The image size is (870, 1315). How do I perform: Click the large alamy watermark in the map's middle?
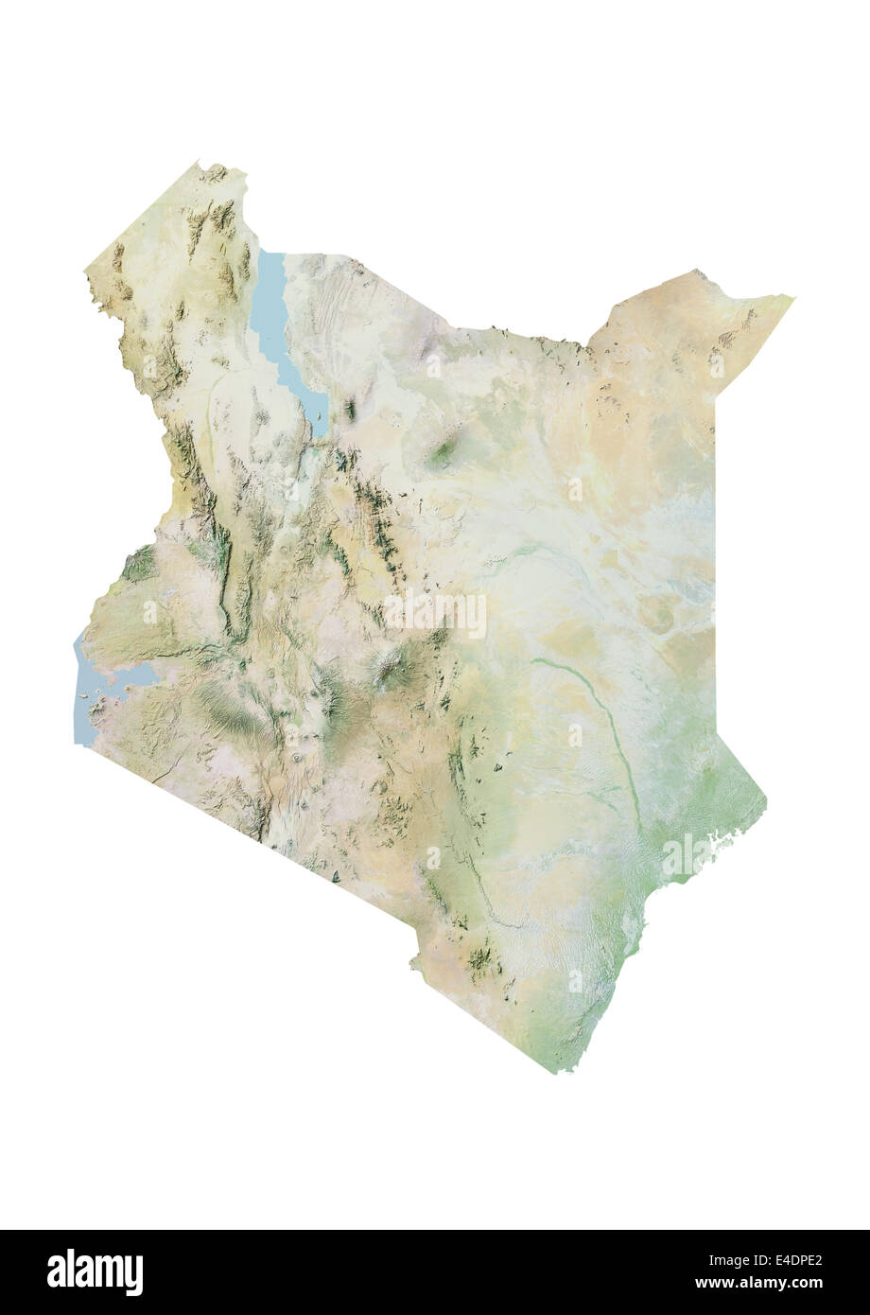[x=435, y=613]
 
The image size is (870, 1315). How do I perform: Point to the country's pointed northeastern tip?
[x=791, y=299]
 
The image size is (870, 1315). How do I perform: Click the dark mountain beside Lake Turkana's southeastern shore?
[x=350, y=410]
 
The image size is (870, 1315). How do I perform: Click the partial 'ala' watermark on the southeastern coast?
[x=686, y=851]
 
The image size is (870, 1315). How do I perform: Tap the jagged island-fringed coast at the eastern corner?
[x=733, y=837]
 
